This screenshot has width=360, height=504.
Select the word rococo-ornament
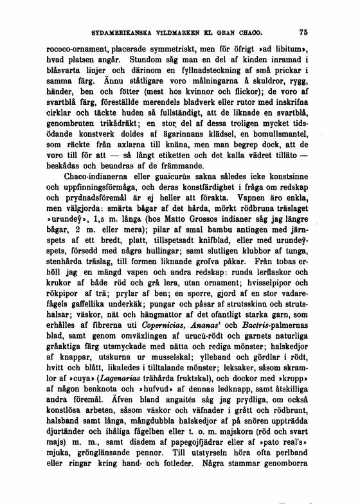coord(80,49)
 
